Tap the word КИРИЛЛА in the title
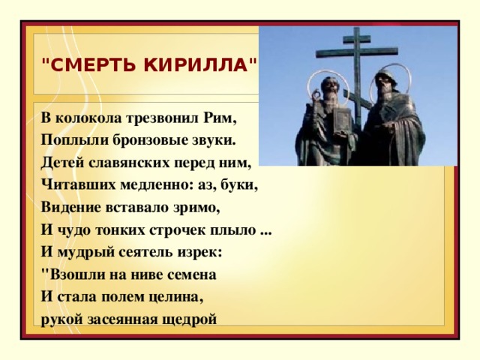196,65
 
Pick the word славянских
129,163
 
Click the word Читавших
78,185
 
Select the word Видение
71,208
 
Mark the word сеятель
145,253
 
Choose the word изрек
197,253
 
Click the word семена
192,275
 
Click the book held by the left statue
342,120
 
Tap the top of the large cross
357,28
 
